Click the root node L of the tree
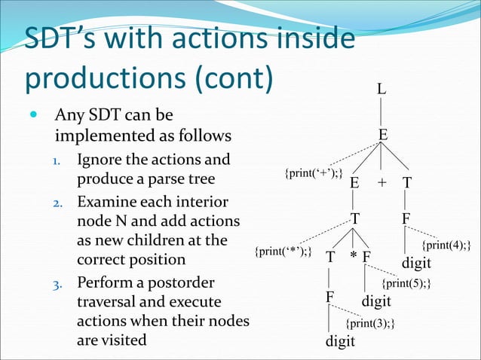pos(382,90)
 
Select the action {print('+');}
pos(314,175)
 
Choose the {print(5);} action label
pos(407,284)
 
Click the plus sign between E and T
pos(381,183)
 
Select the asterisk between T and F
pos(353,257)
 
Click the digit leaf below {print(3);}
pos(340,343)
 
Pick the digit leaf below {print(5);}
pos(376,302)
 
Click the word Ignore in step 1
pos(100,160)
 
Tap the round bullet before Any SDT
pos(32,117)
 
